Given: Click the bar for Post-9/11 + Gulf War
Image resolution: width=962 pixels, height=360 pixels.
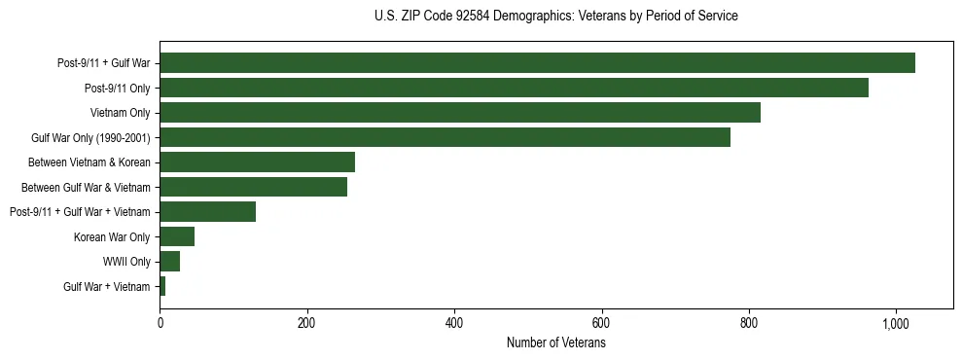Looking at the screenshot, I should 537,63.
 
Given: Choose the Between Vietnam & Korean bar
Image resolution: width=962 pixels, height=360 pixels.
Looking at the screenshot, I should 257,162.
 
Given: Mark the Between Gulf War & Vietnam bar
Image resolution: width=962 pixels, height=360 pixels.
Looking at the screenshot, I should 253,187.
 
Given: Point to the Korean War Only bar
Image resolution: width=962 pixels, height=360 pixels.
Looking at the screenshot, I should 177,236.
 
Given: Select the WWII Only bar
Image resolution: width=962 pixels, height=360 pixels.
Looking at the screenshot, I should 169,262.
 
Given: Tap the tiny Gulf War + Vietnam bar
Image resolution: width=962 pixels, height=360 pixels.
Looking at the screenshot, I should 162,286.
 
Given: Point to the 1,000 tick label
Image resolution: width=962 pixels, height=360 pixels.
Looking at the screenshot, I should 896,323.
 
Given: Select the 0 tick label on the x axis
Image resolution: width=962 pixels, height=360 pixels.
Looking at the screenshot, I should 160,323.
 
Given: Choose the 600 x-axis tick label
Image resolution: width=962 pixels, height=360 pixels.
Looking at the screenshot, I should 601,323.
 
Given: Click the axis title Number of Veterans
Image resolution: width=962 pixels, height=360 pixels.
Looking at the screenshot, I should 556,343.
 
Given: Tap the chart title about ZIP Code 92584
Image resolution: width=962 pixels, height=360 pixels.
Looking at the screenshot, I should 555,17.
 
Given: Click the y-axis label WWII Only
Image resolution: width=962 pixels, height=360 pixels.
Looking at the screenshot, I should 126,262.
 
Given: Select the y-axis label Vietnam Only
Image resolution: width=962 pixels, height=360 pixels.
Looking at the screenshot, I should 120,113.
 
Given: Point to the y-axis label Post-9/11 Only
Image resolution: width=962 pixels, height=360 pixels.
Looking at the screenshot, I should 117,88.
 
